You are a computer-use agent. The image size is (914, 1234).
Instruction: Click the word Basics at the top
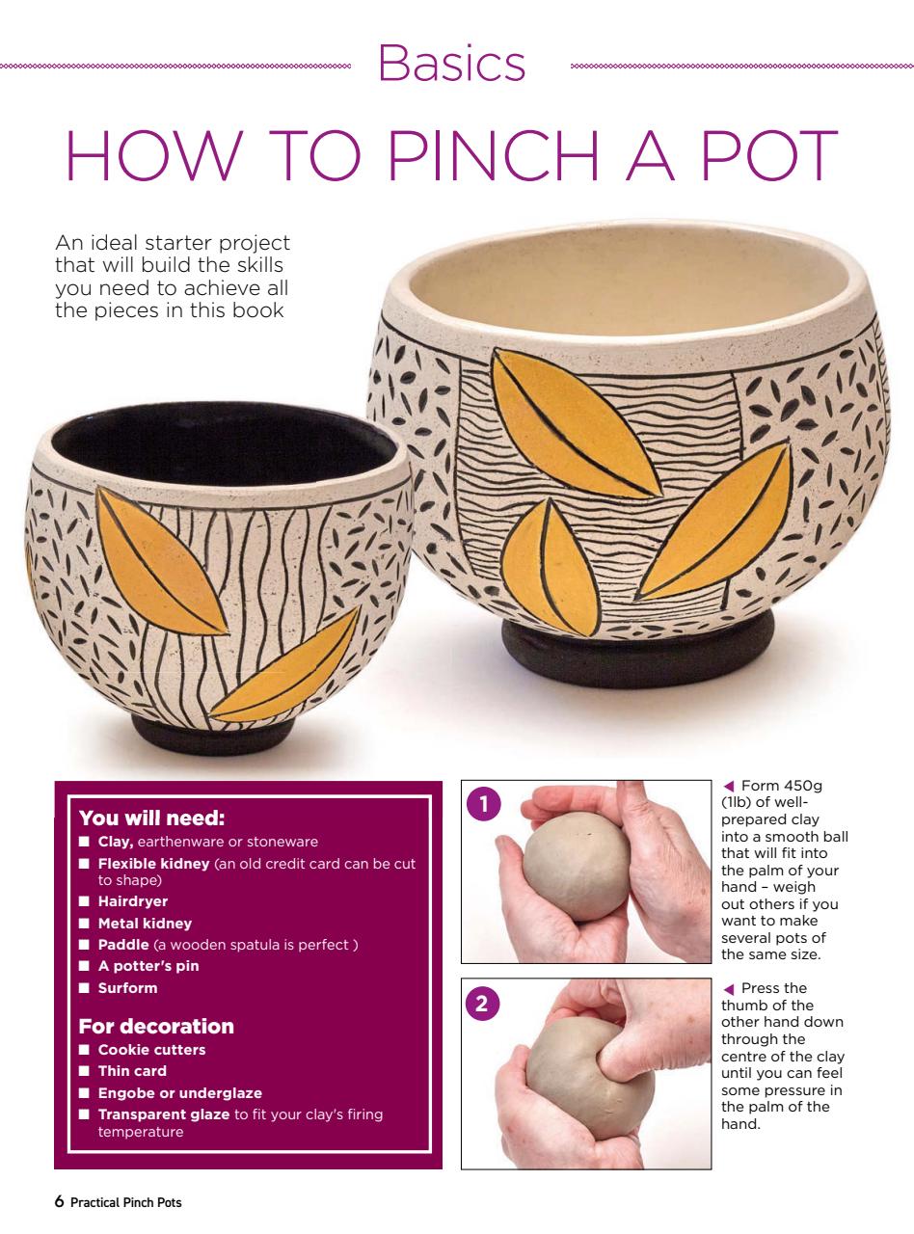(452, 65)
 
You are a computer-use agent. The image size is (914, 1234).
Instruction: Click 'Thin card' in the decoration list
(132, 1070)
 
